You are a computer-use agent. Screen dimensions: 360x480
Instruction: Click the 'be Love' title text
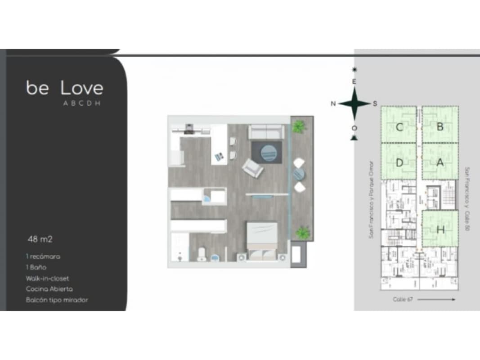coord(65,88)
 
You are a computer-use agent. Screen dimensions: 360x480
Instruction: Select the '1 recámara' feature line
coord(43,256)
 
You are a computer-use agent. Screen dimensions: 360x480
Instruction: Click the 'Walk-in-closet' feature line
coord(47,278)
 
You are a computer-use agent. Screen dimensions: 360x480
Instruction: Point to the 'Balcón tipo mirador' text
coord(57,300)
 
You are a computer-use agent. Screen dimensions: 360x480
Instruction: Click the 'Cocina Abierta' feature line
coord(49,289)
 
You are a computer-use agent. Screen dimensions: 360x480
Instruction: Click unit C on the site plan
coord(399,127)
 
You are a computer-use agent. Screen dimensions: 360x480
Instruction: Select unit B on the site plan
coord(440,127)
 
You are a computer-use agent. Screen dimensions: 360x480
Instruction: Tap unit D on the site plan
coord(399,163)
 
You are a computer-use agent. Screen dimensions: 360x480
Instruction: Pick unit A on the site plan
coord(440,163)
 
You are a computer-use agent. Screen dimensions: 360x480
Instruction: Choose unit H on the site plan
coord(440,229)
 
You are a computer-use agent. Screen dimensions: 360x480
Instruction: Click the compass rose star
coord(354,103)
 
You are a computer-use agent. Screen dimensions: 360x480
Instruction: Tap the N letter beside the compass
coord(333,104)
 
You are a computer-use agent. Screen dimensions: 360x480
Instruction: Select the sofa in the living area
coord(266,132)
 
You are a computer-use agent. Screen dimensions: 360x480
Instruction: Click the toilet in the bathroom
coord(201,255)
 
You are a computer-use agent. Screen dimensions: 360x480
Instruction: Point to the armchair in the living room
coord(252,169)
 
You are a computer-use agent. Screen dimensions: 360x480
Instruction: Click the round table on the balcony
coord(299,174)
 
